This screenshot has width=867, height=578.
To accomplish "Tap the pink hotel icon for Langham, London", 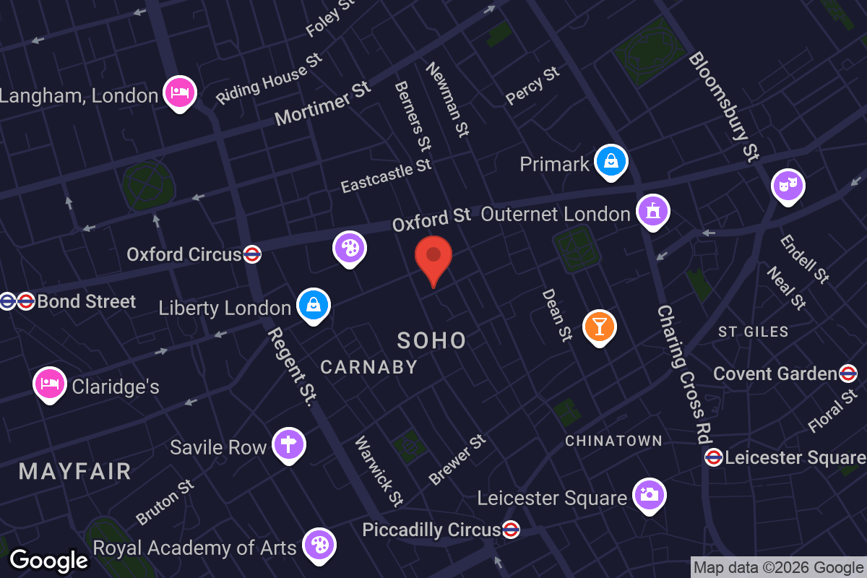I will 179,93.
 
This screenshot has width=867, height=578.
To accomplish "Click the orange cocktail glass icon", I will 599,326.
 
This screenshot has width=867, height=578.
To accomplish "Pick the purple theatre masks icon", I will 788,186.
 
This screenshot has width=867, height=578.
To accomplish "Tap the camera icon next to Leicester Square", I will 649,495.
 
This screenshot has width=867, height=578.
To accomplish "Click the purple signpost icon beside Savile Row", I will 288,445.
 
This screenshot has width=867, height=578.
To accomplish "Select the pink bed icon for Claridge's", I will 50,384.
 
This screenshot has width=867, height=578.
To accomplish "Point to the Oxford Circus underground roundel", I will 252,254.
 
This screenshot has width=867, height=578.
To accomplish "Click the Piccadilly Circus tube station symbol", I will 511,530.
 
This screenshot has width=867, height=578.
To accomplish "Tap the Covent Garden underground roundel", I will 848,374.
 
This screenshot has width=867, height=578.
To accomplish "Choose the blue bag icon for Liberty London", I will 314,306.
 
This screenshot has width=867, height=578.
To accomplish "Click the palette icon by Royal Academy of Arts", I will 319,545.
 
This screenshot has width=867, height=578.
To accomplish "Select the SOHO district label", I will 431,341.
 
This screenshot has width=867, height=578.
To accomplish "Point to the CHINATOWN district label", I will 613,441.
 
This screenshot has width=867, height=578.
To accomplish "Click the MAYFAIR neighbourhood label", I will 75,472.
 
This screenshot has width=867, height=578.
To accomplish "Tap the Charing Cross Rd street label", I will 681,374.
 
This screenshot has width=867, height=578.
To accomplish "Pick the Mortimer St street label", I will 323,103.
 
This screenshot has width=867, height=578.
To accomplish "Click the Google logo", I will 48,561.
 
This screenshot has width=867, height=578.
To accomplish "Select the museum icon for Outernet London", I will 652,212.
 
